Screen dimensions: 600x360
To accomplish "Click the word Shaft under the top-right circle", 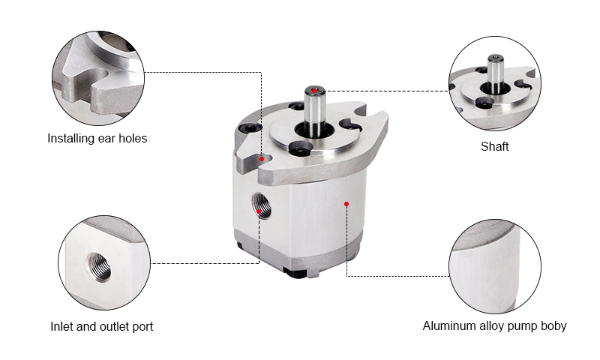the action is (x=494, y=146).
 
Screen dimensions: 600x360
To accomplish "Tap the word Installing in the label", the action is (x=71, y=139).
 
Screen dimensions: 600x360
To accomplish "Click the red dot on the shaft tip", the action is (x=314, y=91).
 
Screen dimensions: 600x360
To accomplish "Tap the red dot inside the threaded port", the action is (x=259, y=211).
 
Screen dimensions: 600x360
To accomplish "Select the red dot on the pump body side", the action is (x=346, y=204).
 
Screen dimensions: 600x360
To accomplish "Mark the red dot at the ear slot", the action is (x=262, y=159).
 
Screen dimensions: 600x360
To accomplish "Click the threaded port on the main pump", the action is (x=261, y=205).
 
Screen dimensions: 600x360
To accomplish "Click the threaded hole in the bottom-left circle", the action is (x=98, y=267).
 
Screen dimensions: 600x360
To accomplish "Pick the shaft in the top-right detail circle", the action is (x=495, y=73).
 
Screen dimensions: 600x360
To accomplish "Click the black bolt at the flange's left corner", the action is (x=249, y=128).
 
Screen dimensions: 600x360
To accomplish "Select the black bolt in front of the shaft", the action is (x=301, y=148).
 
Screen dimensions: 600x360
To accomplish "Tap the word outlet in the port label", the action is (x=113, y=327).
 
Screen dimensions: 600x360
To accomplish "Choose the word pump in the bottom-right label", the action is (x=523, y=327).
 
